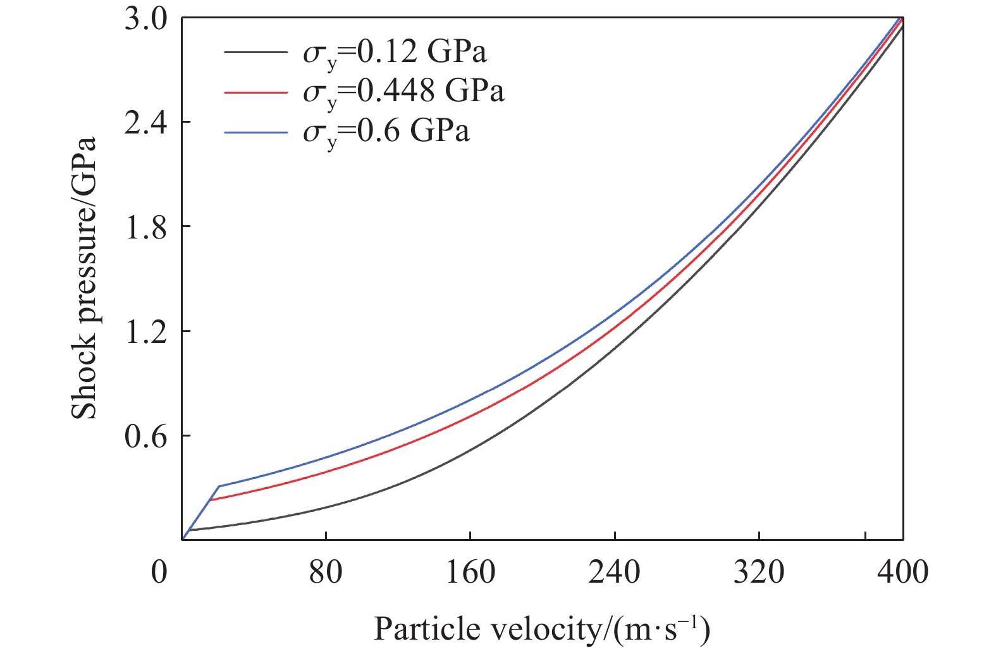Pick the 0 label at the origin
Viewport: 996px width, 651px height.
[159, 572]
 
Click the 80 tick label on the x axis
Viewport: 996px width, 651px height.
[326, 572]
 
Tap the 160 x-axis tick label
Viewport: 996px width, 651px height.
[470, 572]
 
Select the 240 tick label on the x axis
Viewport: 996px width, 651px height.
[614, 572]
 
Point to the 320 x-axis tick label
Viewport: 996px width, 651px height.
[758, 572]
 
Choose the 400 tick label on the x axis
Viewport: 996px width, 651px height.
[902, 572]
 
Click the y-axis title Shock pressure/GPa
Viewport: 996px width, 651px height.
[84, 278]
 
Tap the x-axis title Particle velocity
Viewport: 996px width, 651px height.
[542, 629]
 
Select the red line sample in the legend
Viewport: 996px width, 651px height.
[255, 92]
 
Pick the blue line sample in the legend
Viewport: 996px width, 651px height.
[255, 132]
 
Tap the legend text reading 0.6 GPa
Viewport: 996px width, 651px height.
[386, 132]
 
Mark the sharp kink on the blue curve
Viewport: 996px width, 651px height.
[218, 486]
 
